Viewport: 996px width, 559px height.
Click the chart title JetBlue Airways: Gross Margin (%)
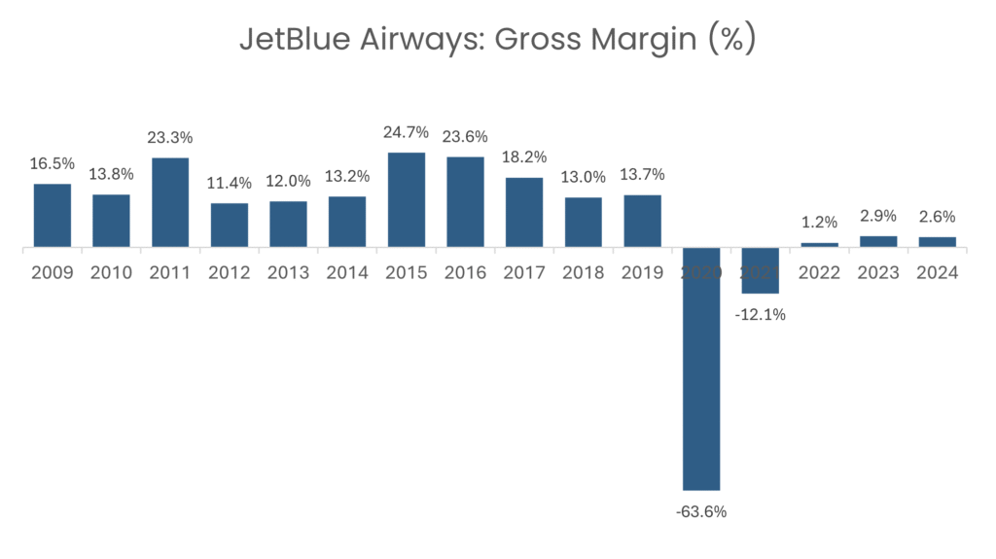(497, 40)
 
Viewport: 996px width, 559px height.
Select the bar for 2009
(53, 215)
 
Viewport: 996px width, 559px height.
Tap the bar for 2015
(407, 199)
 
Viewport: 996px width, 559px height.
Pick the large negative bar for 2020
(701, 369)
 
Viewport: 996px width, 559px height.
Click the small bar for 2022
(819, 245)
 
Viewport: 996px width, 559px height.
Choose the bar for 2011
(170, 202)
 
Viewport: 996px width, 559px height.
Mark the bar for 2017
(524, 212)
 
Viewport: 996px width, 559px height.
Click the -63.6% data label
(701, 511)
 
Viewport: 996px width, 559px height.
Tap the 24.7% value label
(407, 132)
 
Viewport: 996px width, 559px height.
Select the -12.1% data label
(761, 314)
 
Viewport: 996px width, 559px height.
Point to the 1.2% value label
(819, 223)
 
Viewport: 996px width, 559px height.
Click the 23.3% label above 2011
(170, 138)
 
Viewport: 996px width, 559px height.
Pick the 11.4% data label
(230, 183)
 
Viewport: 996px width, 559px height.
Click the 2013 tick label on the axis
(288, 273)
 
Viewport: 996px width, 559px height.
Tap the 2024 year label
(937, 273)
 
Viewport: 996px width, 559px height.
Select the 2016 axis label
(465, 273)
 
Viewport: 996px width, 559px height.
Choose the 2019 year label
(642, 273)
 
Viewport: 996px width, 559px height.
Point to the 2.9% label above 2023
(878, 216)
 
